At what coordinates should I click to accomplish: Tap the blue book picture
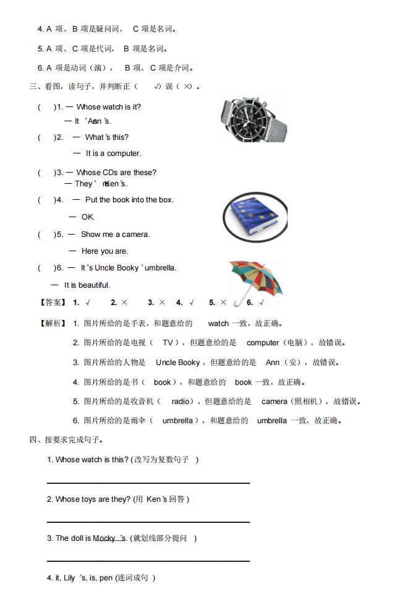coord(254,220)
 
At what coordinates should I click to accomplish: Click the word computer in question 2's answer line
coord(124,153)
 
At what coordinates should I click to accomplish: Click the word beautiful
coord(94,285)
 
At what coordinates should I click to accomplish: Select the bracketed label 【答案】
coord(52,303)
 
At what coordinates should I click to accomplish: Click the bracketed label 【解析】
coord(52,323)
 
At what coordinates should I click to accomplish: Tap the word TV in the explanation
coord(167,342)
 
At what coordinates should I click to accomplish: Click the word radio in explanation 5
coord(181,402)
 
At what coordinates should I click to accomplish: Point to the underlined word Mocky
coord(105,538)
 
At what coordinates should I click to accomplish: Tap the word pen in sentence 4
coord(106,578)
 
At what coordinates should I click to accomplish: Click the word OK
coord(88,217)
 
